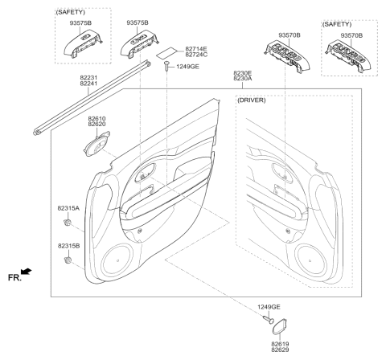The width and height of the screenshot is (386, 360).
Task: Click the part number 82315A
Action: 68,207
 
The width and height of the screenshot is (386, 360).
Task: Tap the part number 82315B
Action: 68,246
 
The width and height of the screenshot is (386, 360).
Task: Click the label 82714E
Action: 197,48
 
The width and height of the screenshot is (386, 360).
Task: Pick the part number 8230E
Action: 243,72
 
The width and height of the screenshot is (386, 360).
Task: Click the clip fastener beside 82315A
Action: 68,221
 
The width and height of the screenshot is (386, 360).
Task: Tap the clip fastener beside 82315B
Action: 68,260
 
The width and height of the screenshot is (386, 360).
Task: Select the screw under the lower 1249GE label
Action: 267,319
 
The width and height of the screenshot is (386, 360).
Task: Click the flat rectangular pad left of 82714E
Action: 166,53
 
